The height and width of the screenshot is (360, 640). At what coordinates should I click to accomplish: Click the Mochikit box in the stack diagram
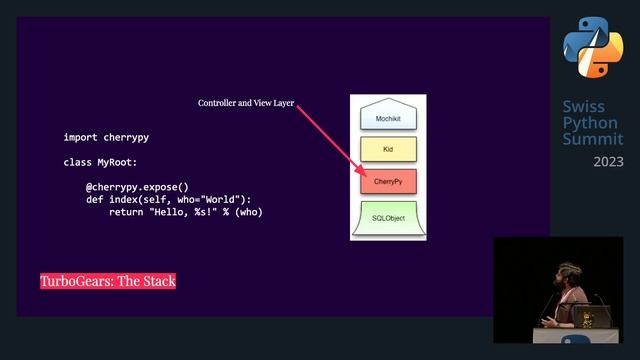point(387,117)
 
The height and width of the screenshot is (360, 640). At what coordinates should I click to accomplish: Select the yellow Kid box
point(387,149)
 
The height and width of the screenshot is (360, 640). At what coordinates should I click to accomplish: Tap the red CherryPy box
point(387,182)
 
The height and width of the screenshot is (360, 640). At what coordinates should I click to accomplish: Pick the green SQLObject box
point(387,217)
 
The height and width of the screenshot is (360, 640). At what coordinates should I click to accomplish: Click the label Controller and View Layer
point(245,103)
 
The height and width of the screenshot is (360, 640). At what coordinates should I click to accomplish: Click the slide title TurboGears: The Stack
point(108,281)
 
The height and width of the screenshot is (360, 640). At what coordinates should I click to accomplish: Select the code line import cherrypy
point(113,137)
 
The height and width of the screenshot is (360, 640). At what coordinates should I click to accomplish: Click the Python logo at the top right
point(592,46)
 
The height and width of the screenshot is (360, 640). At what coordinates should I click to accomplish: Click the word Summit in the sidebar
point(592,139)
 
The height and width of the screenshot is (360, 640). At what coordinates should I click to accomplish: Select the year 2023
point(608,161)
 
